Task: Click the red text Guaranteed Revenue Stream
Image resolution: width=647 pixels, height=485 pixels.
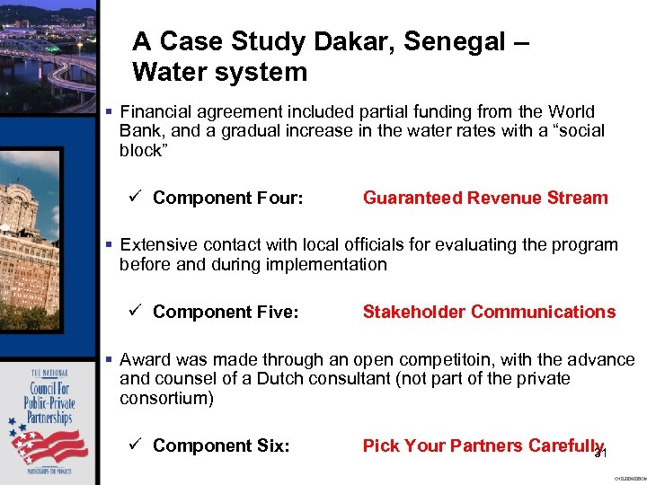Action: [485, 198]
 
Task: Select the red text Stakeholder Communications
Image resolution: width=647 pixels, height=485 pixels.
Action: [489, 312]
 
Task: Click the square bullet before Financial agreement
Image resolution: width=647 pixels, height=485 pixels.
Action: [108, 112]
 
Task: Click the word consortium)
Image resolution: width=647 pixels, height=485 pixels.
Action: [166, 397]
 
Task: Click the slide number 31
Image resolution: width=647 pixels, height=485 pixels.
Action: [601, 454]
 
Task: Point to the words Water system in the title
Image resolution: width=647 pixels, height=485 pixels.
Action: [219, 72]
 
